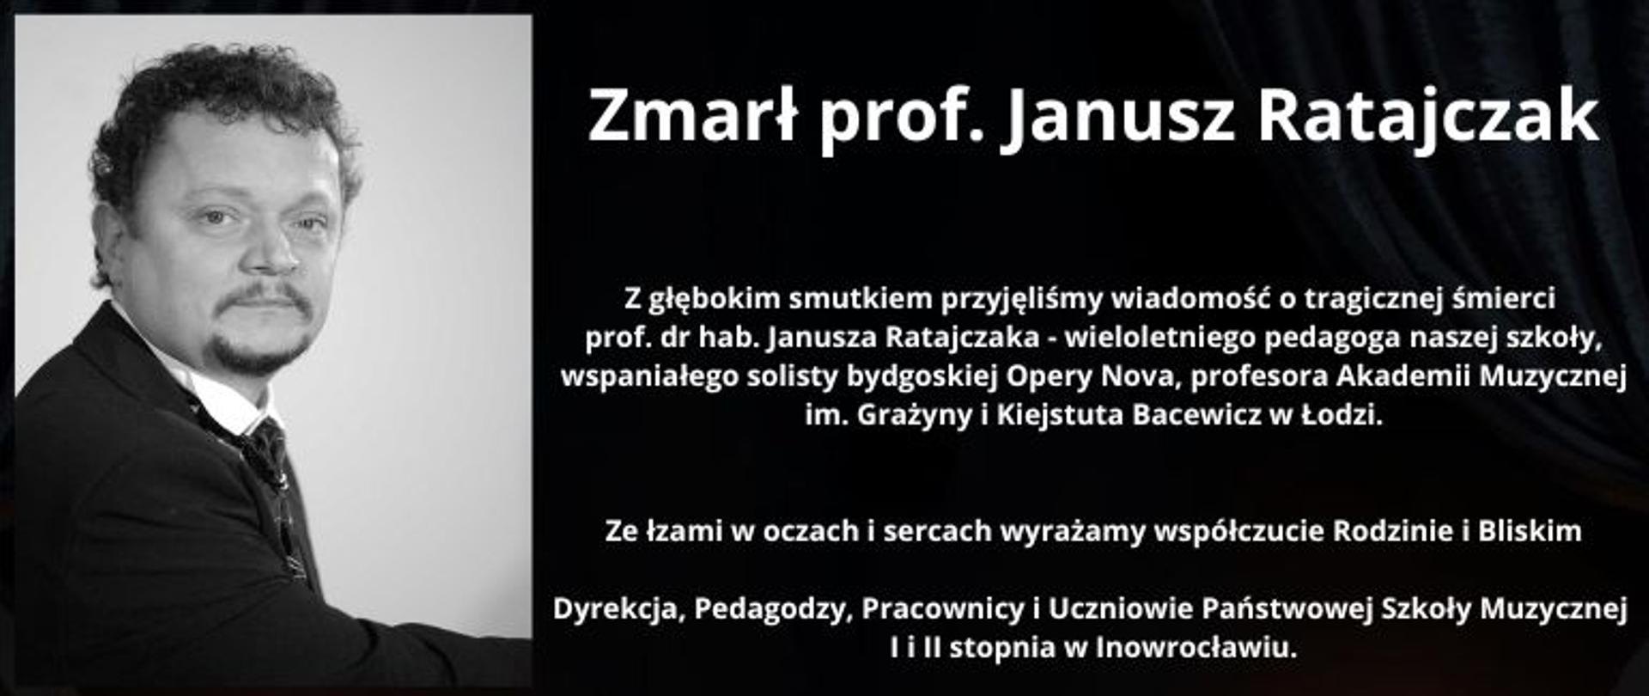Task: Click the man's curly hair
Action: (223, 86)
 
